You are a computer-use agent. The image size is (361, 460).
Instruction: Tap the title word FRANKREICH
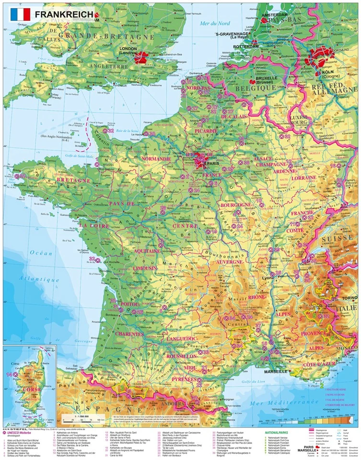click(x=64, y=14)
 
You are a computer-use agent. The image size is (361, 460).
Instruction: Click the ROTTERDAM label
click(x=245, y=46)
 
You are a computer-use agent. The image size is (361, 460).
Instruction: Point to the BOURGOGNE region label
click(x=235, y=205)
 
